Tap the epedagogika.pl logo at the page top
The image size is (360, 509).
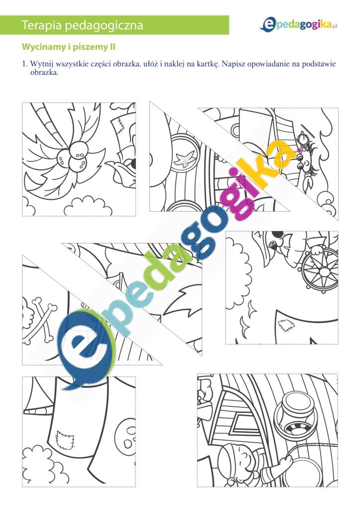pyautogui.click(x=298, y=25)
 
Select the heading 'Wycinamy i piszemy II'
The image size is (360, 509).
pyautogui.click(x=69, y=47)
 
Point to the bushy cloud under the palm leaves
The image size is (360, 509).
pyautogui.click(x=86, y=206)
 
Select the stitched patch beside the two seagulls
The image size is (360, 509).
pyautogui.click(x=286, y=325)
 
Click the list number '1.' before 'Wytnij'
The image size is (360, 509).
pyautogui.click(x=25, y=64)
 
